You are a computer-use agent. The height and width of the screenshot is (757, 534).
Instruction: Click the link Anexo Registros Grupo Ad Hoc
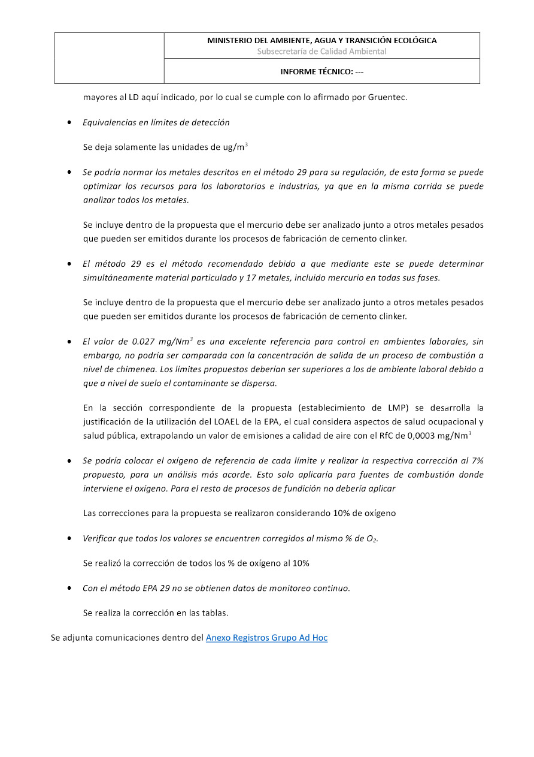(266, 638)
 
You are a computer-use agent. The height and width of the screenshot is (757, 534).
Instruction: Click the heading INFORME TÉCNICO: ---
(322, 71)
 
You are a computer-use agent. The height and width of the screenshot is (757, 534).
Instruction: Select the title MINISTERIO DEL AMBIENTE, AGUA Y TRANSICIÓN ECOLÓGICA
(322, 41)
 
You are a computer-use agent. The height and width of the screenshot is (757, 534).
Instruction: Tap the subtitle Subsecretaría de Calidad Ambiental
(322, 52)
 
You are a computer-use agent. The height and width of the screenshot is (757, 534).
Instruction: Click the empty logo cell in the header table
(110, 58)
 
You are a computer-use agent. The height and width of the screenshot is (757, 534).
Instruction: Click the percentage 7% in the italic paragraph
(477, 460)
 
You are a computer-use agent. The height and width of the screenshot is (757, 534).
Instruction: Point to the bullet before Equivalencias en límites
(70, 123)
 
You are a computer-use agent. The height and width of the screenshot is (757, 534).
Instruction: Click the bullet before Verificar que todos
(70, 539)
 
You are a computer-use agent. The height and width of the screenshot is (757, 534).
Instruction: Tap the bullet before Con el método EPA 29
(70, 589)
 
